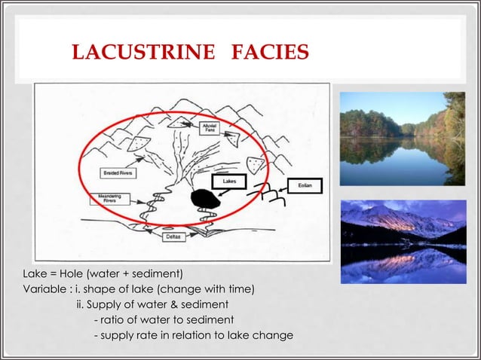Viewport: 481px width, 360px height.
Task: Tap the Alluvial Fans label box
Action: pos(210,130)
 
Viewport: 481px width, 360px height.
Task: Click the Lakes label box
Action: pos(230,182)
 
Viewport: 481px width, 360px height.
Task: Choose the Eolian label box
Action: pos(305,185)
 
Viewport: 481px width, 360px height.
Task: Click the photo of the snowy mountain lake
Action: pos(402,241)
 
